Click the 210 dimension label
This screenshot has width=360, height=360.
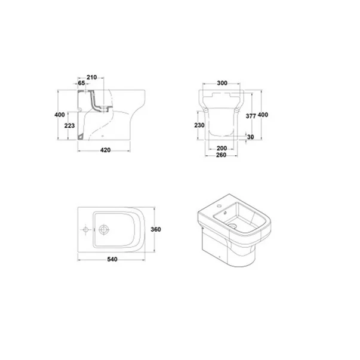click(91, 78)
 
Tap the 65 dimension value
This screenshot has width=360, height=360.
click(82, 83)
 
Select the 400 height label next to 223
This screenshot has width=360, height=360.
click(60, 115)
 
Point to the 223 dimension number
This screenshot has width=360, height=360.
click(70, 125)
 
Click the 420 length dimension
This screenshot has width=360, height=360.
click(106, 150)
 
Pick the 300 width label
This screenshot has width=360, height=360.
click(222, 83)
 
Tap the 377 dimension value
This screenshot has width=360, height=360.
click(251, 116)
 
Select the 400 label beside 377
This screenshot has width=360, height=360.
click(263, 115)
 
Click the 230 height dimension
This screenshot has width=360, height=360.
click(199, 125)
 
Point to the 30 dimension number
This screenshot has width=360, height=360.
click(251, 137)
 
